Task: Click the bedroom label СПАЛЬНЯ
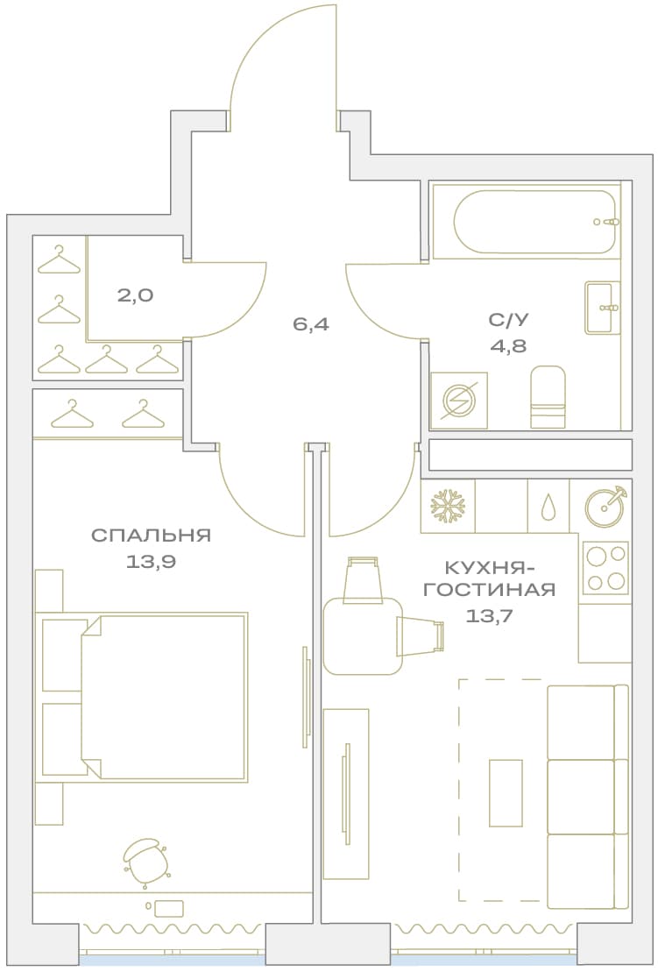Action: [x=152, y=535]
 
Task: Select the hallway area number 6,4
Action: [x=311, y=323]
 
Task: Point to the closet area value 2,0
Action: [x=135, y=295]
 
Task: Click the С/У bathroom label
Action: [x=509, y=320]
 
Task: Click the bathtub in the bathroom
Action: [x=534, y=221]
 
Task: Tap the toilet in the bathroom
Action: [x=548, y=397]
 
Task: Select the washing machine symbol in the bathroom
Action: [x=459, y=401]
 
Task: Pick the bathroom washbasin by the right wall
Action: [x=602, y=309]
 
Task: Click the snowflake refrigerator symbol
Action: [x=448, y=506]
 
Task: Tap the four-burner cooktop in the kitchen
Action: [x=605, y=568]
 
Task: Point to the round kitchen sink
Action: [x=605, y=505]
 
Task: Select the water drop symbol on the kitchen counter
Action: [x=548, y=507]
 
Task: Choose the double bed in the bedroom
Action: [x=164, y=697]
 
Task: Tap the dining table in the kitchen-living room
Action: [x=363, y=636]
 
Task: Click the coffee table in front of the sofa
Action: [x=506, y=792]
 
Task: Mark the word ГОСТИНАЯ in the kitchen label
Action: [x=490, y=590]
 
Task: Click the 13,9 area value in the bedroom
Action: [x=152, y=562]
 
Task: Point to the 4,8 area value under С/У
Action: [x=509, y=346]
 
